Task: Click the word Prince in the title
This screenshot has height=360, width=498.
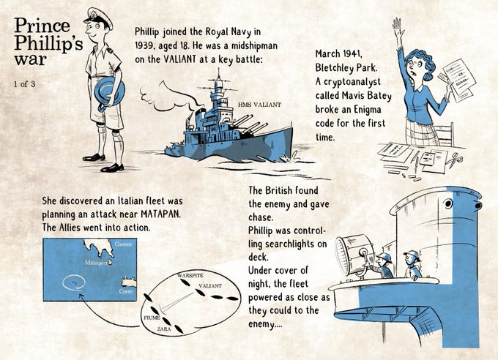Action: (42, 26)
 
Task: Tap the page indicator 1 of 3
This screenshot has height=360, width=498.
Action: (24, 84)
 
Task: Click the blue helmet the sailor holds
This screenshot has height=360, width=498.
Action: (109, 92)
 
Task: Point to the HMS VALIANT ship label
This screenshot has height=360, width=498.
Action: (259, 105)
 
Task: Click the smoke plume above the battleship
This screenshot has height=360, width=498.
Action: (168, 97)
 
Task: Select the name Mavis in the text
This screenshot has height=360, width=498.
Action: (353, 96)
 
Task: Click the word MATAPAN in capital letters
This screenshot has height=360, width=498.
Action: (160, 214)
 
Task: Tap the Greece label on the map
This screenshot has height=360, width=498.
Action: (123, 244)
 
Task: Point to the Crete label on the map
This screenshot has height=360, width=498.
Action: (126, 291)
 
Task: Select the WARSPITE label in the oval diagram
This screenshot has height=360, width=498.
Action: (190, 275)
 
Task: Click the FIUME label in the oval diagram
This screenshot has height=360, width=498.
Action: (152, 318)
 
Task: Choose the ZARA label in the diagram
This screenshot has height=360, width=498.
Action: (164, 329)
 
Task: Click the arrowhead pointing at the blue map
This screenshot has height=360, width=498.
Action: (81, 296)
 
